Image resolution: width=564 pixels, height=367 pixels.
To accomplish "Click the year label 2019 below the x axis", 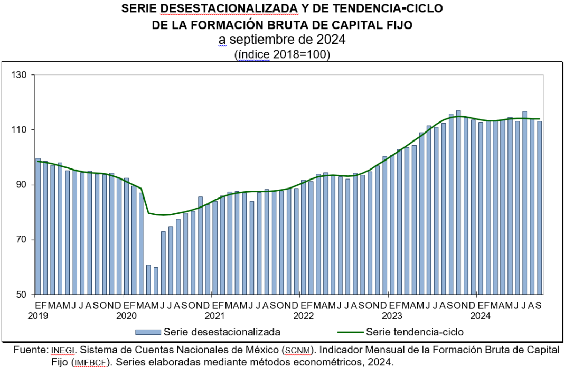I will (x=38, y=316).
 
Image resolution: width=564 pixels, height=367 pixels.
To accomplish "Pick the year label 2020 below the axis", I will (x=127, y=316).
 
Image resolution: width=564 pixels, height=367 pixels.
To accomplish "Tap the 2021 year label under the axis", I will (x=215, y=316).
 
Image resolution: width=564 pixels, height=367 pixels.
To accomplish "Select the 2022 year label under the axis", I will (x=304, y=316).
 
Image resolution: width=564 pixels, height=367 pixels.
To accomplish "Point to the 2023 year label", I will (x=392, y=316).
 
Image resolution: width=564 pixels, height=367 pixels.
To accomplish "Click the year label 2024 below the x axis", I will (x=481, y=316).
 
